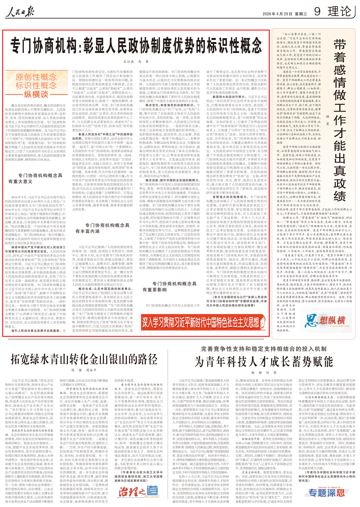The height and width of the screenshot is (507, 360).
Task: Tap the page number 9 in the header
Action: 317,12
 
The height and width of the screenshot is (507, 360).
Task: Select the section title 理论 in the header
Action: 339,12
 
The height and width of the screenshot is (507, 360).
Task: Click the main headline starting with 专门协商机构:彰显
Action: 136,46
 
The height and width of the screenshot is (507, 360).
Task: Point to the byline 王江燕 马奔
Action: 136,62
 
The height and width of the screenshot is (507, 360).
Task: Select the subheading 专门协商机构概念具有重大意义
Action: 36,178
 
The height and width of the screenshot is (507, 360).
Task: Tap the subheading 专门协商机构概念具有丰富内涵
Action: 103,228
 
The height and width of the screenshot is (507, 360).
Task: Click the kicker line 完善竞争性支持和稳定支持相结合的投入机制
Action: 264,349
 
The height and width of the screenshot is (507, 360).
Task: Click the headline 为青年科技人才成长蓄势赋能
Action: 264,361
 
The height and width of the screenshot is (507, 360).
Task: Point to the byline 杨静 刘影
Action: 264,373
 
